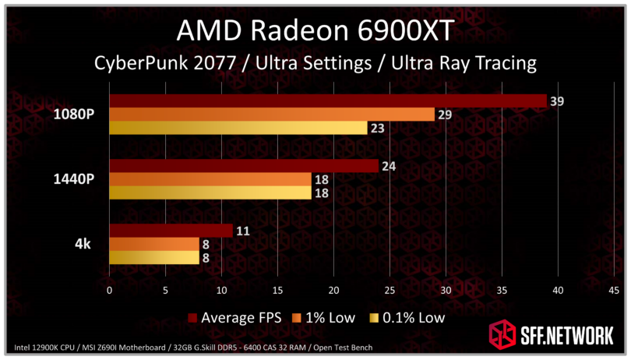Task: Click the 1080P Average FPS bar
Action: [327, 101]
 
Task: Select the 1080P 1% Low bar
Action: [271, 115]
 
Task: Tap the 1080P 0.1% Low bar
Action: [238, 128]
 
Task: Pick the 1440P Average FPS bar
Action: [243, 165]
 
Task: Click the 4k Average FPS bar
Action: [171, 231]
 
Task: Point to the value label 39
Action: [556, 101]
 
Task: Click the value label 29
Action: [444, 115]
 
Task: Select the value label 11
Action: [242, 231]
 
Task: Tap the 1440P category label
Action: [74, 178]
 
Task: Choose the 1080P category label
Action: [74, 114]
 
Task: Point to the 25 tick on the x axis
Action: [390, 290]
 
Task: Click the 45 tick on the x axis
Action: [613, 290]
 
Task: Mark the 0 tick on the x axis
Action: [110, 290]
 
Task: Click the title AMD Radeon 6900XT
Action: [315, 30]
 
